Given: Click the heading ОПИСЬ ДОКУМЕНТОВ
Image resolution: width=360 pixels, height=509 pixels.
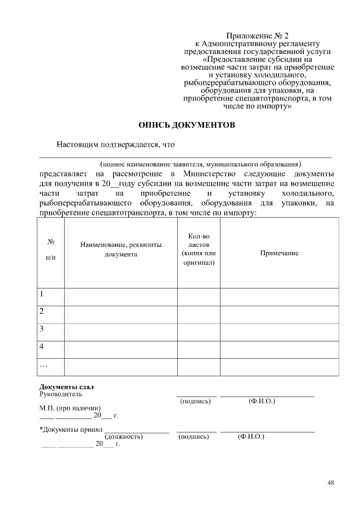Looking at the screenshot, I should coord(186,124).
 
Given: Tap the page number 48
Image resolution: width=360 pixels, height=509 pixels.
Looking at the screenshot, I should coord(331,482).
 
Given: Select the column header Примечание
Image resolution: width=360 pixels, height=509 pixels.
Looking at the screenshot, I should coord(279,253).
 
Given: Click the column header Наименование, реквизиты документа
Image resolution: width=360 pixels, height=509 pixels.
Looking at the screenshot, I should coord(121,249).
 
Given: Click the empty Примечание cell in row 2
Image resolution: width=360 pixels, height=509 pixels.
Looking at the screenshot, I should coord(279,312).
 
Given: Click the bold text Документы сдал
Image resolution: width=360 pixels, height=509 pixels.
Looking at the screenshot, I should coord(66,387).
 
